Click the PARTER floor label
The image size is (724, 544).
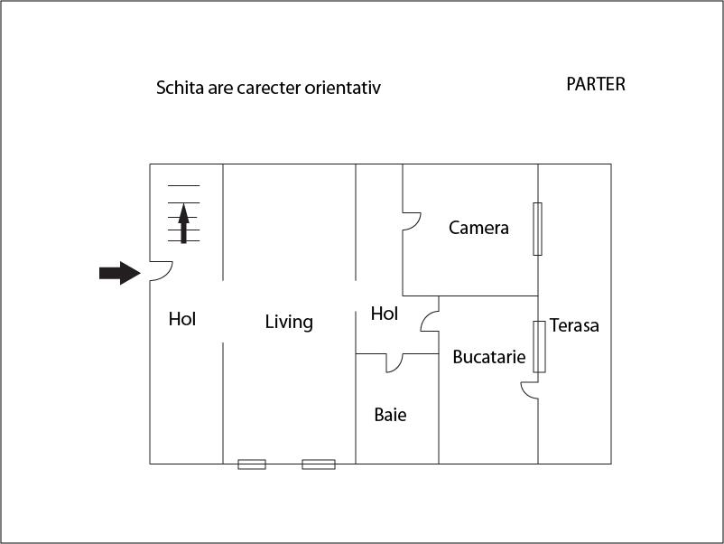tap(596, 84)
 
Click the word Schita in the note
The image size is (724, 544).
tap(180, 88)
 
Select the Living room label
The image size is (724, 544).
tap(289, 322)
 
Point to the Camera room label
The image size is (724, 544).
tap(478, 228)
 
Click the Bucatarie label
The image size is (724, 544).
tap(489, 357)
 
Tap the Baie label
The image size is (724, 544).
tap(390, 415)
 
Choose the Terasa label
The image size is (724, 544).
tap(574, 325)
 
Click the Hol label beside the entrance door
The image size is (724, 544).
tap(182, 319)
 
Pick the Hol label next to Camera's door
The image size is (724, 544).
tap(385, 314)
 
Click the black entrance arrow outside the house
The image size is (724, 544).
tap(120, 273)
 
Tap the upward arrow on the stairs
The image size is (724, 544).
tap(184, 223)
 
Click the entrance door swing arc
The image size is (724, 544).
tap(162, 271)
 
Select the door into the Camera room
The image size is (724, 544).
tap(412, 221)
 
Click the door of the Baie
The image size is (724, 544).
tap(394, 363)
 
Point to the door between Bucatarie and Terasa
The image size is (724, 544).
tap(530, 390)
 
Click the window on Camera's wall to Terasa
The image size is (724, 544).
tap(537, 229)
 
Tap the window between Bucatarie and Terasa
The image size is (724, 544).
tap(539, 347)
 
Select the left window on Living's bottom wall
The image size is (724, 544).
tap(252, 464)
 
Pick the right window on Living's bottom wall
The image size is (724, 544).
tap(319, 464)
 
